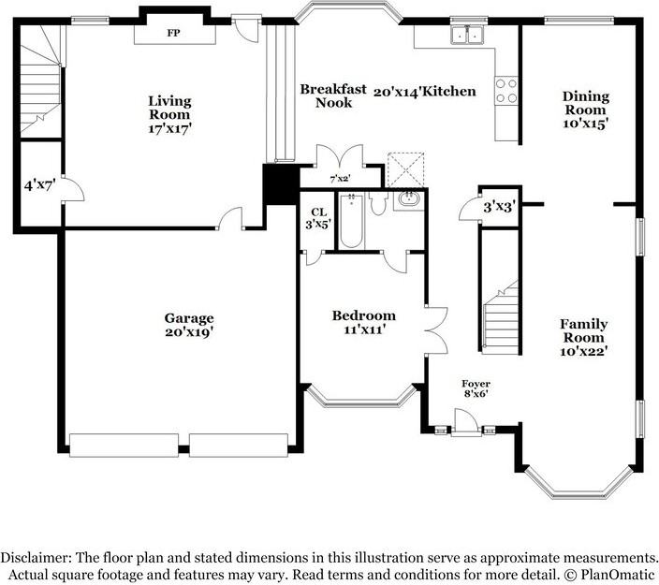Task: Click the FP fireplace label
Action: pyautogui.click(x=173, y=33)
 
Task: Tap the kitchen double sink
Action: pyautogui.click(x=467, y=35)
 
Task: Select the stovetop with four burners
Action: pyautogui.click(x=506, y=91)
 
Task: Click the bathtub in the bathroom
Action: pyautogui.click(x=351, y=221)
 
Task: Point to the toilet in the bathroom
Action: pyautogui.click(x=378, y=203)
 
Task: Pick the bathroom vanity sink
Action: pyautogui.click(x=408, y=198)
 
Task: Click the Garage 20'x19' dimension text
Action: pyautogui.click(x=189, y=332)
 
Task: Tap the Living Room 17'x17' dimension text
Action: pyautogui.click(x=169, y=128)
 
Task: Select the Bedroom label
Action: pyautogui.click(x=364, y=315)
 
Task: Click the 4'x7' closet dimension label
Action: pyautogui.click(x=40, y=185)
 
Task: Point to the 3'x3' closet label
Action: pyautogui.click(x=499, y=207)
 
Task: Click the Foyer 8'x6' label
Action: pyautogui.click(x=476, y=388)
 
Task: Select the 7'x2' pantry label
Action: pyautogui.click(x=340, y=179)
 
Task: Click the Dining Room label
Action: pyautogui.click(x=585, y=103)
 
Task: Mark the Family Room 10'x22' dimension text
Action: pyautogui.click(x=584, y=351)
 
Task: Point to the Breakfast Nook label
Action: pyautogui.click(x=333, y=95)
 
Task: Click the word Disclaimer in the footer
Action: pyautogui.click(x=36, y=558)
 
